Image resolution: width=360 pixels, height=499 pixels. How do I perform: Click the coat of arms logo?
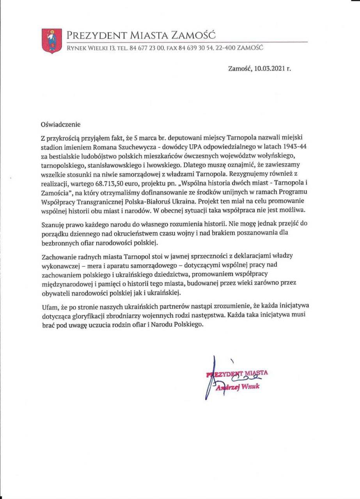tap(52, 40)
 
